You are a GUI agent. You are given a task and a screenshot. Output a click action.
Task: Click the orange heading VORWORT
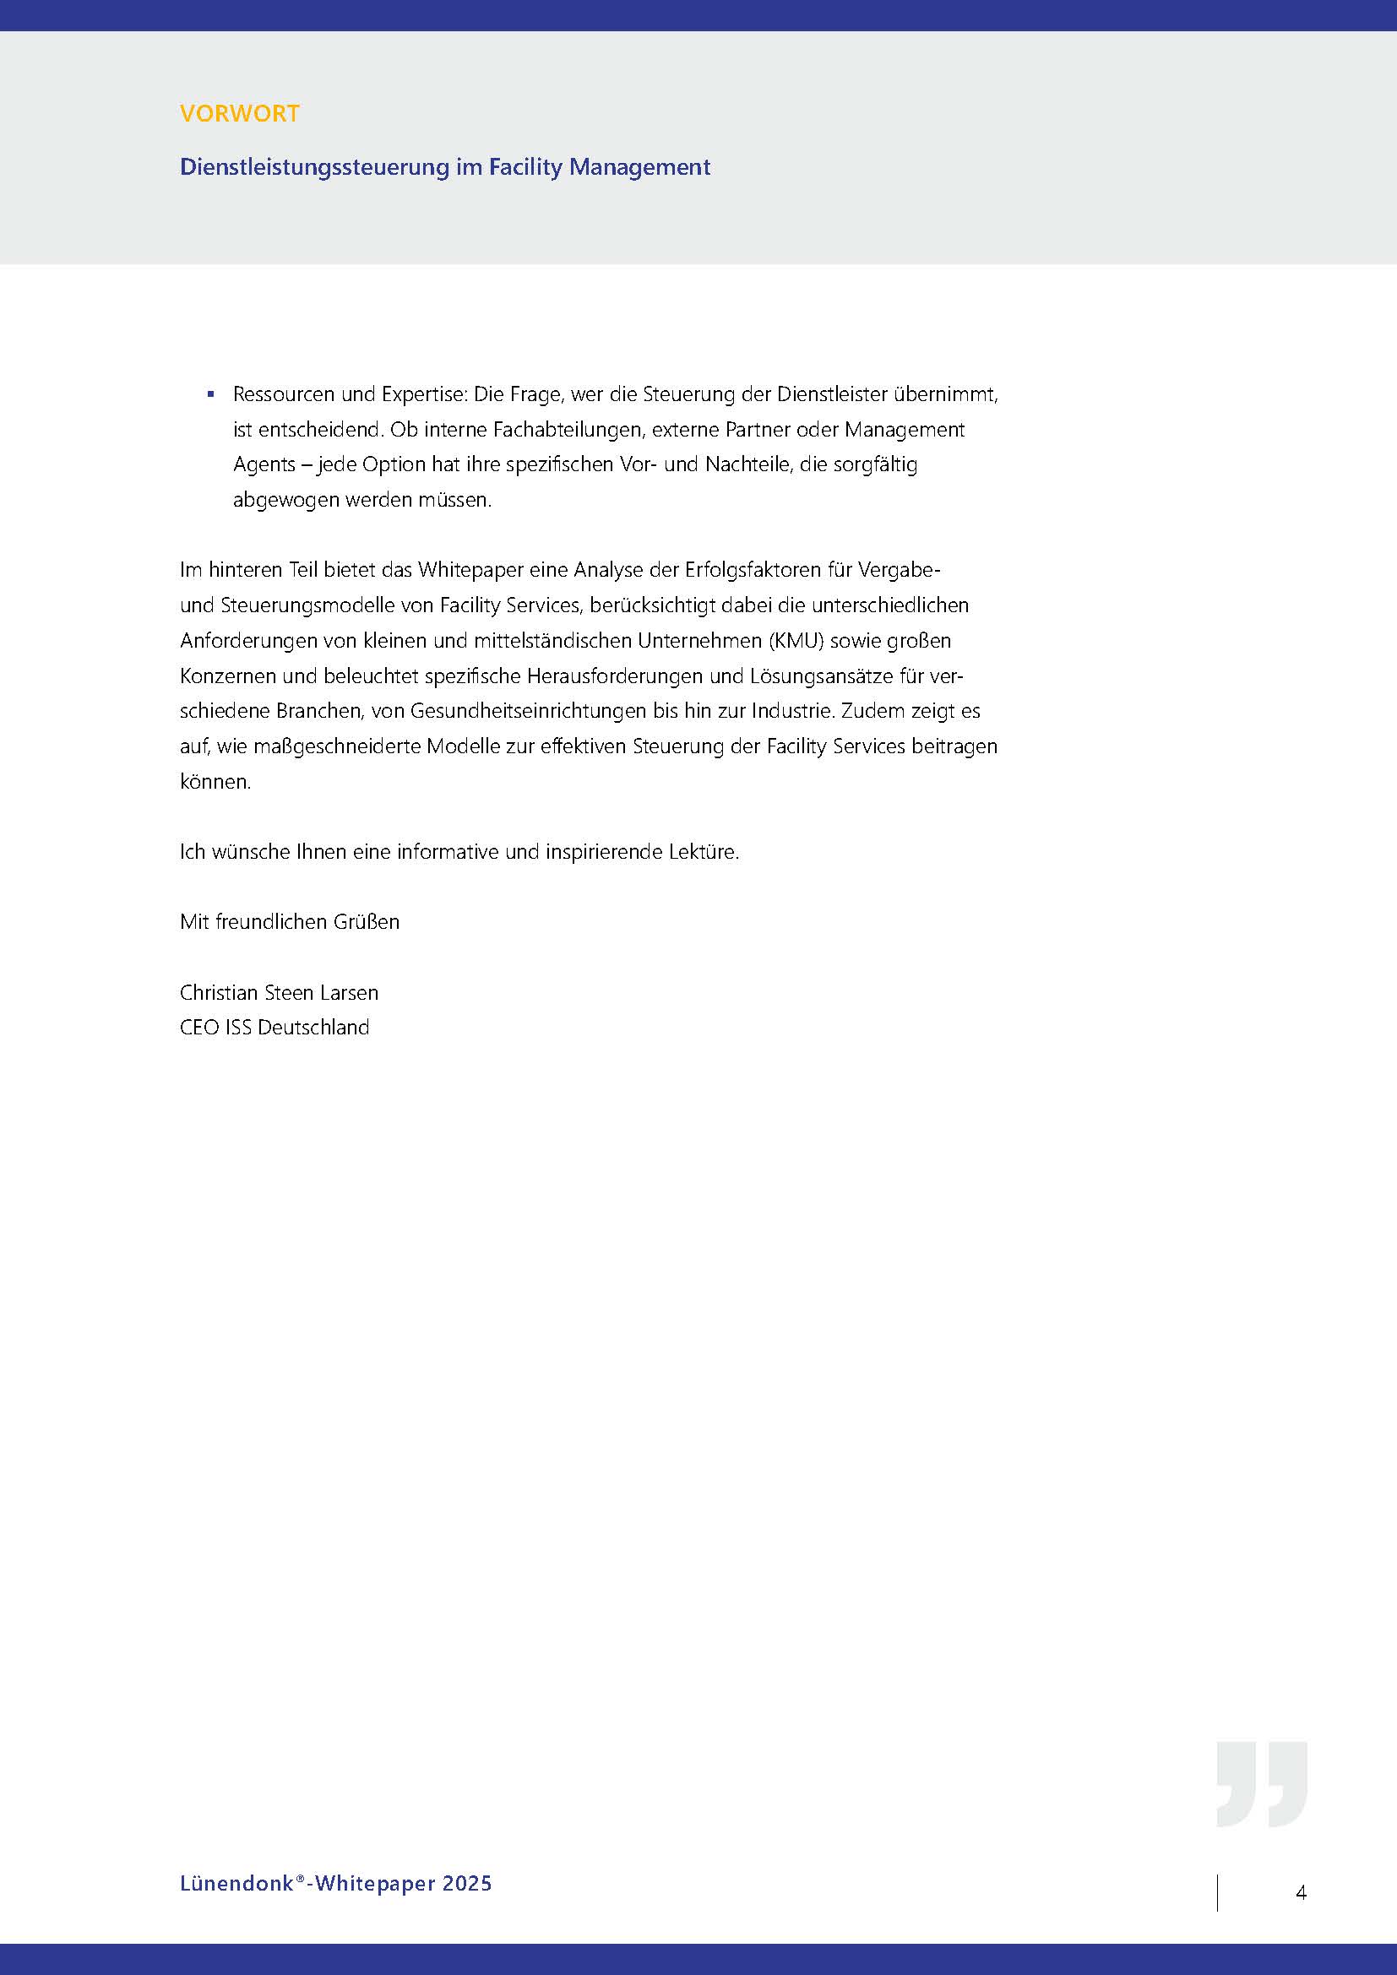239,113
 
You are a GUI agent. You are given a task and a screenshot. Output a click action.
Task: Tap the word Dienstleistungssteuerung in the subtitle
314,167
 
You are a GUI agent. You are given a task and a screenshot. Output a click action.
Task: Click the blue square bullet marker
211,395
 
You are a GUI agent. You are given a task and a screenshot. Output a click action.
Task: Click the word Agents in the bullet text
264,464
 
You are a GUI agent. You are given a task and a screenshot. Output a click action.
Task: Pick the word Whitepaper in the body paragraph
470,570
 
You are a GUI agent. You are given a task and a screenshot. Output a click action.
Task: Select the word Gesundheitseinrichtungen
528,711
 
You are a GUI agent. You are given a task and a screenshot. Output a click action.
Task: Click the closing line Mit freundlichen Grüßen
289,922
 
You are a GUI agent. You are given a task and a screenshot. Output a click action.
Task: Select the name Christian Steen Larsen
279,993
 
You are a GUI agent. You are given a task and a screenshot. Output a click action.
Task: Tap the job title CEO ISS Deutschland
275,1028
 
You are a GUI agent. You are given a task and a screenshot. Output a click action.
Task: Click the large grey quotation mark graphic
1262,1784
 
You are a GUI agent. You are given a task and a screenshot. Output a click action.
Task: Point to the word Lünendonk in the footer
237,1884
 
